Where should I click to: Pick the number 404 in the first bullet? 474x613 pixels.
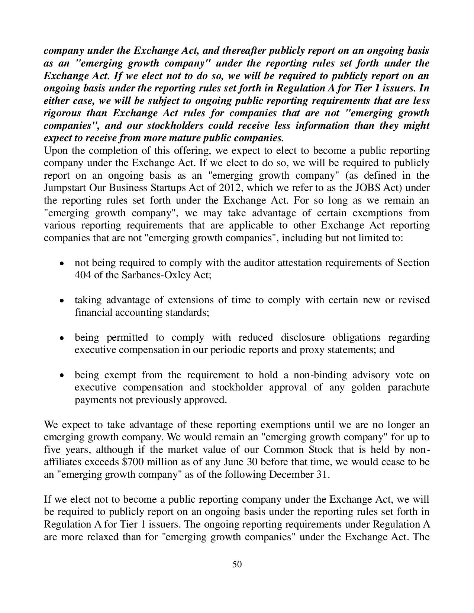click(x=81, y=275)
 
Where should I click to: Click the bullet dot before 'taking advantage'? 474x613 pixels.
click(x=62, y=300)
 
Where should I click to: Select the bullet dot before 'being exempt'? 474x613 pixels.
click(x=62, y=375)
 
